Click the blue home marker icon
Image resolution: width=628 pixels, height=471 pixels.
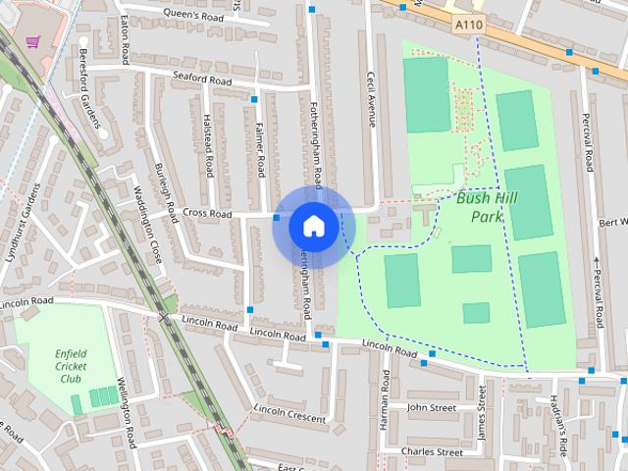click(313, 226)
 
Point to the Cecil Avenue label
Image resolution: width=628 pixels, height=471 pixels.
click(371, 97)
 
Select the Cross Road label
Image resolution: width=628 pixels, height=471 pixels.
click(207, 213)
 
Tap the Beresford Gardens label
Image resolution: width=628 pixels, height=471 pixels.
click(90, 88)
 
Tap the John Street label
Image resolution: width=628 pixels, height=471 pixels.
click(432, 406)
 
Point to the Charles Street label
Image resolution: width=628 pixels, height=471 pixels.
click(432, 452)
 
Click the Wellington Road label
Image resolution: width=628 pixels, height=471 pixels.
click(124, 412)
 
